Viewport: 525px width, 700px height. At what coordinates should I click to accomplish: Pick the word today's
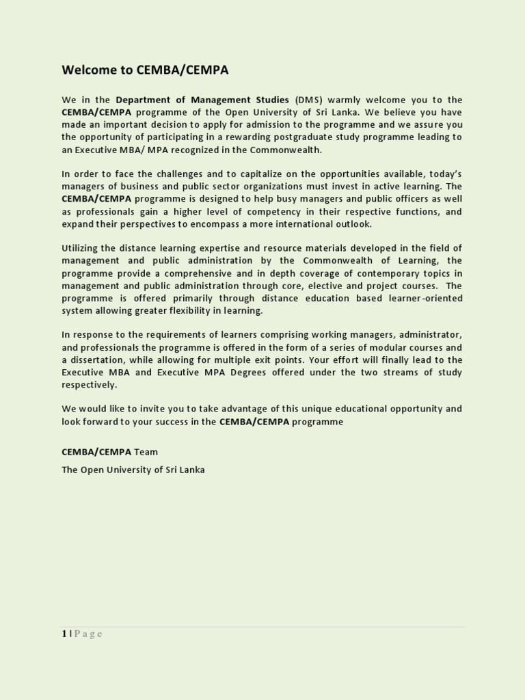pos(444,174)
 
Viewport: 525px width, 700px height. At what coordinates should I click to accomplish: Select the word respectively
pos(90,385)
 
